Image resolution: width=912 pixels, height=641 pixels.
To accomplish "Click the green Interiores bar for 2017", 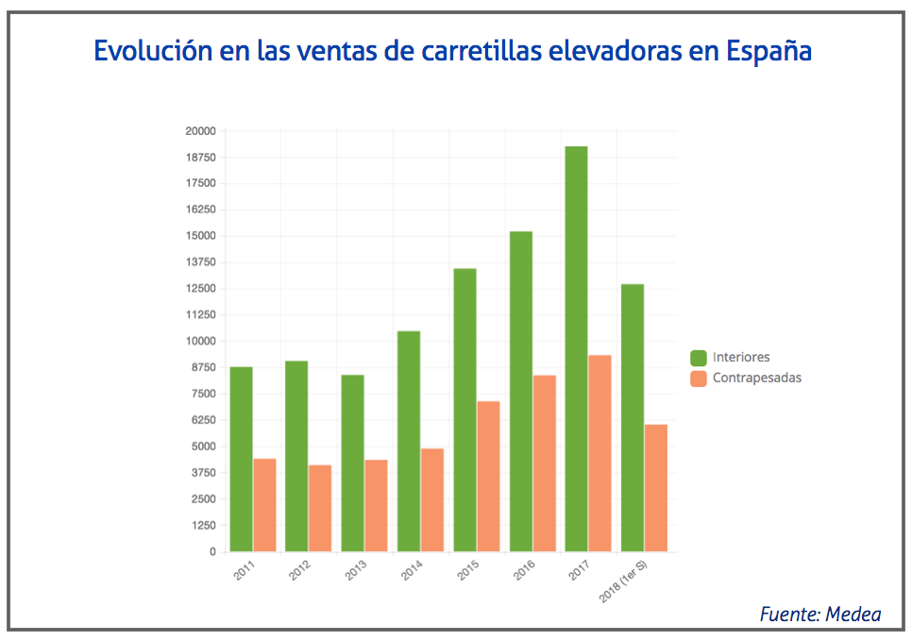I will pos(576,349).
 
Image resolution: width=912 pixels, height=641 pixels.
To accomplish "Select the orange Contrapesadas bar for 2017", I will pos(600,453).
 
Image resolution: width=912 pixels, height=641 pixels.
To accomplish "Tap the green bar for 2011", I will pos(241,459).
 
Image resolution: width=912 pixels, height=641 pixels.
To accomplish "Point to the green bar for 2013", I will pos(352,463).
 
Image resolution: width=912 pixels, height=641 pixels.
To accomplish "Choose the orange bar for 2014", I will pos(432,499).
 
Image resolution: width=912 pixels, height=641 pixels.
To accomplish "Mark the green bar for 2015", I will pos(464,410).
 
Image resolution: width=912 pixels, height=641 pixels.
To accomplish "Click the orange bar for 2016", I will pos(544,464).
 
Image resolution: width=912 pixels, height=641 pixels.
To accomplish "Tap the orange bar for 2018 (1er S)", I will pos(655,488).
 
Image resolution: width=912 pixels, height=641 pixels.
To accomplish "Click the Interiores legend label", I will pos(741,357).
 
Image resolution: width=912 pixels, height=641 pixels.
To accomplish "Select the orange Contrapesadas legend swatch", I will pos(699,379).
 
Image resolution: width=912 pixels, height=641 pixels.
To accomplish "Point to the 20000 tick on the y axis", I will pos(201,131).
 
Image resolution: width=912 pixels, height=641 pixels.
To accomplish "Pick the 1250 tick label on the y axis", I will pos(201,525).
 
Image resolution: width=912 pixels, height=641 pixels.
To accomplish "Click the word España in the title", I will pos(769,50).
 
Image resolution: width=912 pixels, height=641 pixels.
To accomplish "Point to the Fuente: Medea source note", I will pos(819,615).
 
